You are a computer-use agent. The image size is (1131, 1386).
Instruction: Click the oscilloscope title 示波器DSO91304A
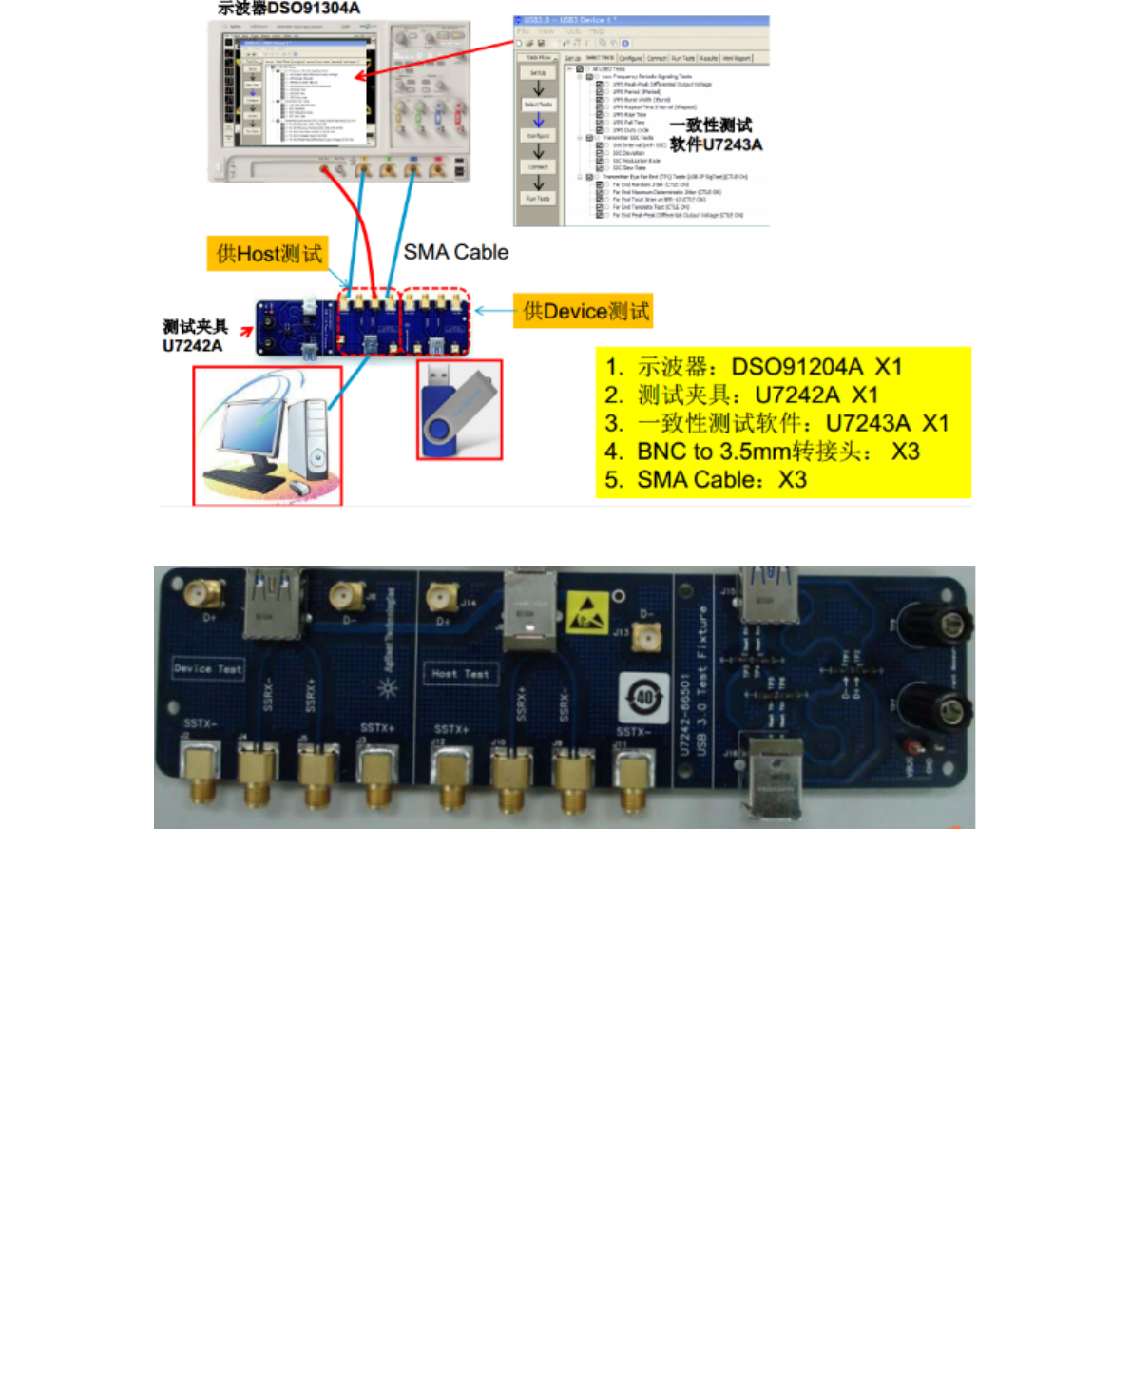[x=289, y=9]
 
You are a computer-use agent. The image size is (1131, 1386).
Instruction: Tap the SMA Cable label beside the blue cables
[x=455, y=252]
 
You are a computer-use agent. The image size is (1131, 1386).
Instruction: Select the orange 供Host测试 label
[x=268, y=254]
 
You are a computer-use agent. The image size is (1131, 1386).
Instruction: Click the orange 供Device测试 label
[x=584, y=311]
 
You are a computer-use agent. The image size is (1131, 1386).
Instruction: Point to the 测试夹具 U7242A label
[x=194, y=336]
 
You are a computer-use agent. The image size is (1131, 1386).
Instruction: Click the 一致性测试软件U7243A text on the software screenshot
[x=715, y=135]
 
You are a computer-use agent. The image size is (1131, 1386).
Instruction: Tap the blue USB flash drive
[x=459, y=409]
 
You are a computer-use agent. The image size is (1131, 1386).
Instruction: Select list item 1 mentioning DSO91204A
[x=753, y=367]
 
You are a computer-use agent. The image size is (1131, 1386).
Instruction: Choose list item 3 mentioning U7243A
[x=776, y=423]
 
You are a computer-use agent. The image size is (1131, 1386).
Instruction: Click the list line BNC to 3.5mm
[x=761, y=452]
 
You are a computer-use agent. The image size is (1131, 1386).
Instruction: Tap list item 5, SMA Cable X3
[x=705, y=480]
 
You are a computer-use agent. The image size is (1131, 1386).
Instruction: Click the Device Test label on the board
[x=208, y=668]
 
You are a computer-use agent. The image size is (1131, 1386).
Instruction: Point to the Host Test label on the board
[x=460, y=674]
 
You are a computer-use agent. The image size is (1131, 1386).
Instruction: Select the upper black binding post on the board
[x=940, y=625]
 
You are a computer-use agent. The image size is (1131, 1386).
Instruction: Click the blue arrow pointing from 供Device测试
[x=494, y=311]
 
